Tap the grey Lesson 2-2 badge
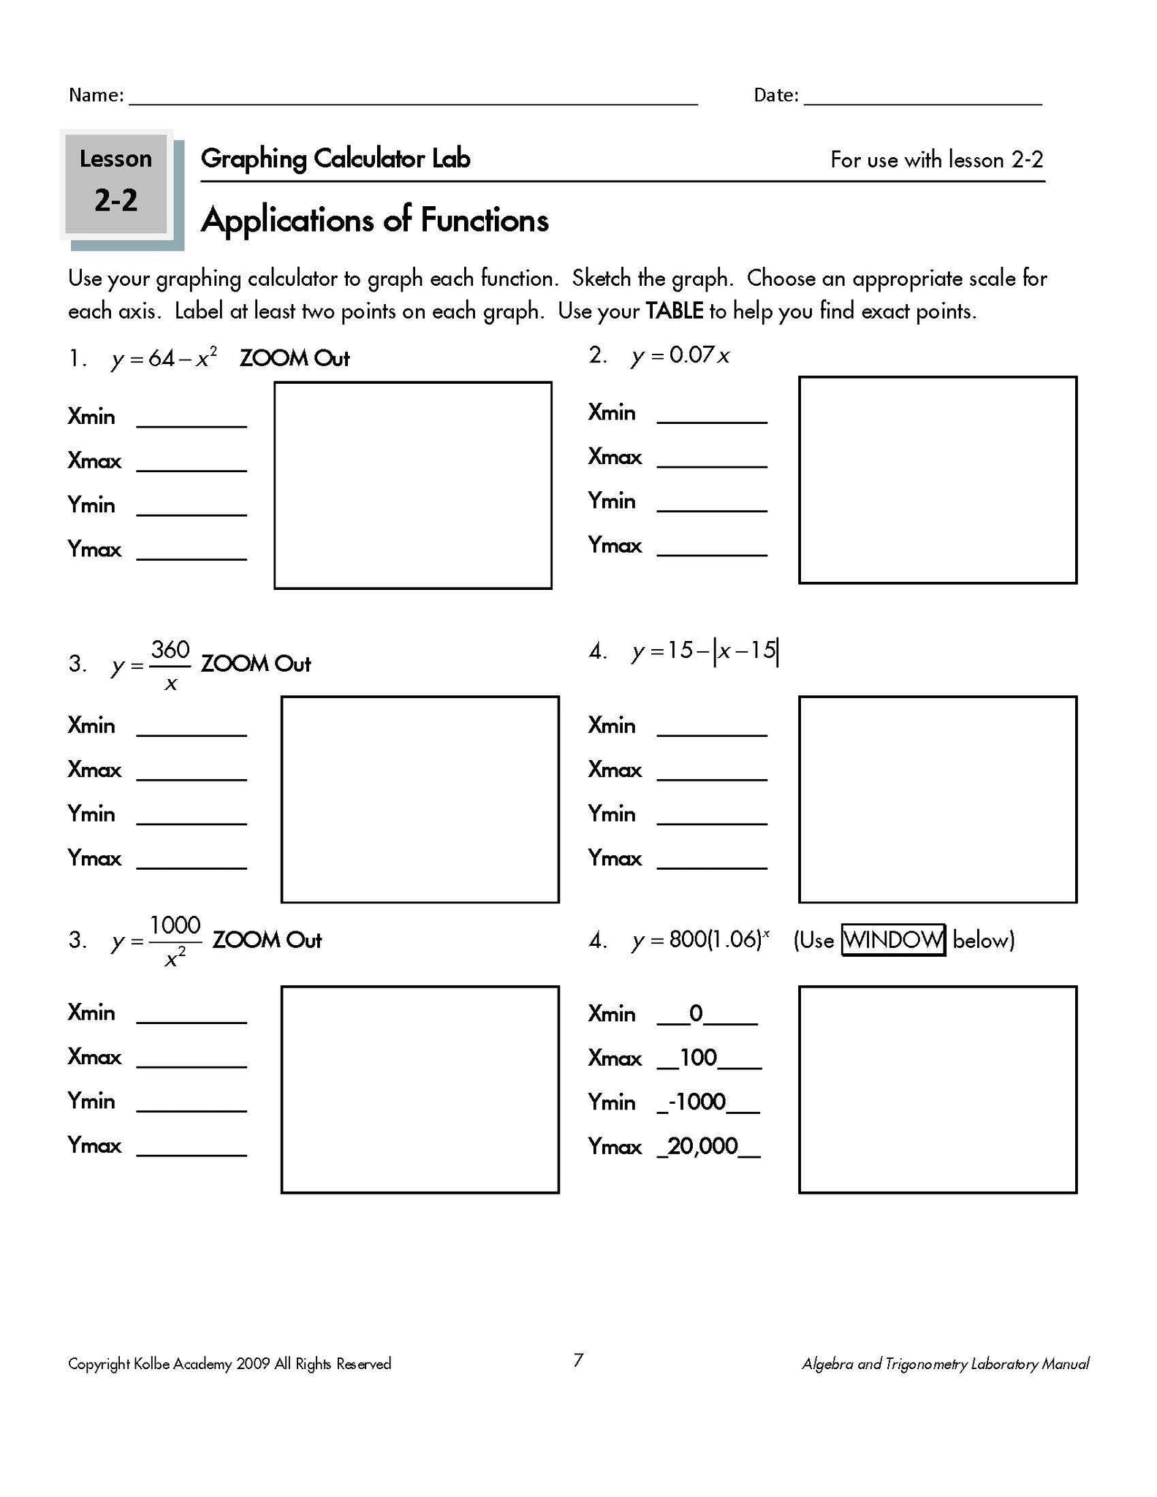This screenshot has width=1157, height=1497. pyautogui.click(x=116, y=183)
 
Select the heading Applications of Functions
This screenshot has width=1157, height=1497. pyautogui.click(x=374, y=220)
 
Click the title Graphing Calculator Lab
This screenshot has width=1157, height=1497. pyautogui.click(x=335, y=159)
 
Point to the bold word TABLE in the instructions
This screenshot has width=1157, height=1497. pyautogui.click(x=674, y=311)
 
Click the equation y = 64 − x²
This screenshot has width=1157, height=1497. pyautogui.click(x=164, y=358)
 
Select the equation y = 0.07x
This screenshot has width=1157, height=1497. pyautogui.click(x=680, y=355)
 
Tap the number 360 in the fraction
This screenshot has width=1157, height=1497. pyautogui.click(x=170, y=649)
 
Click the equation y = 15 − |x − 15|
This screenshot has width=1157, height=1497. pyautogui.click(x=705, y=650)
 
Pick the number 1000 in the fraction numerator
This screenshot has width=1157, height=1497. pyautogui.click(x=175, y=925)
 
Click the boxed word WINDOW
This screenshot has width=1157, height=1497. pyautogui.click(x=893, y=939)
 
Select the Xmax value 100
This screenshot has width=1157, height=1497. pyautogui.click(x=698, y=1058)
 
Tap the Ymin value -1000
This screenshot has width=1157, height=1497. pyautogui.click(x=699, y=1102)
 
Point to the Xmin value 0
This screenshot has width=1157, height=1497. pyautogui.click(x=696, y=1013)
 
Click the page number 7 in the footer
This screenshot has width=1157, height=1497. pyautogui.click(x=578, y=1360)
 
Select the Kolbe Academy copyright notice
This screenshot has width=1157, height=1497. pyautogui.click(x=229, y=1364)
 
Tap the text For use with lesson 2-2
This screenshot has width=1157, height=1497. pyautogui.click(x=936, y=159)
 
